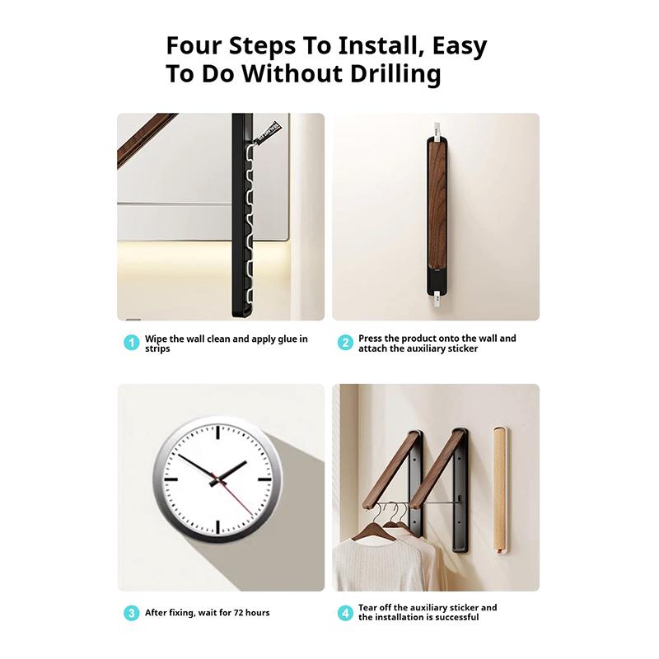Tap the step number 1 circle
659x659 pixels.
coord(131,343)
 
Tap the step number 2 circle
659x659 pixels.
coord(345,343)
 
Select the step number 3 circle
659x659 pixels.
coord(131,613)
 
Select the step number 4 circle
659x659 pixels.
coord(345,613)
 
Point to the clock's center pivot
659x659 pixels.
coord(218,478)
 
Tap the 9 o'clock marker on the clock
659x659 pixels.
coord(171,478)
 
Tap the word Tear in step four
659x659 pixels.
coord(369,608)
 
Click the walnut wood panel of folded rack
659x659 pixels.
coord(436,206)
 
